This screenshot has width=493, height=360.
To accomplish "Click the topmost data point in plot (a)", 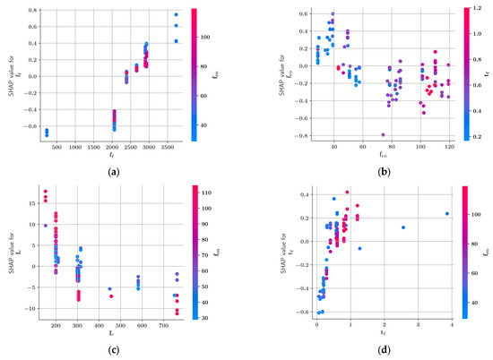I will pyautogui.click(x=176, y=15).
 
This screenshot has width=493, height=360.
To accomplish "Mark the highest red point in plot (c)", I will pyautogui.click(x=46, y=191).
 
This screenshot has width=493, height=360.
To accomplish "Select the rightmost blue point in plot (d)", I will pyautogui.click(x=447, y=213).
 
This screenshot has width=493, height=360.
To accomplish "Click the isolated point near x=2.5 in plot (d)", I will pyautogui.click(x=402, y=227).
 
